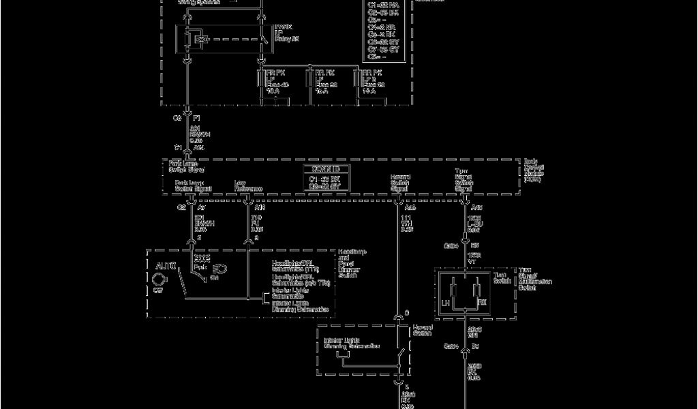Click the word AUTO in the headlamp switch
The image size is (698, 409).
[166, 264]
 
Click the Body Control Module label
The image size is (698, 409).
[534, 170]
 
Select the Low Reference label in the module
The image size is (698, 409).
[248, 186]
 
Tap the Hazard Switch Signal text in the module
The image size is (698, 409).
[400, 183]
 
